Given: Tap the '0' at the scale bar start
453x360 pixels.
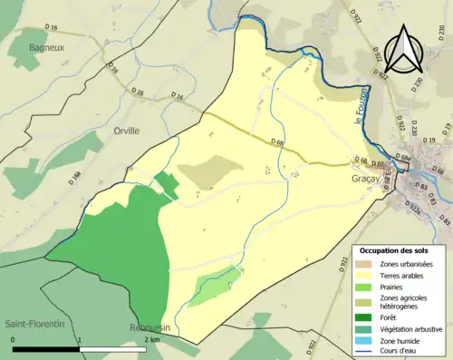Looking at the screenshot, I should [14, 338].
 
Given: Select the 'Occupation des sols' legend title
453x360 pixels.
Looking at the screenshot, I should [395, 249].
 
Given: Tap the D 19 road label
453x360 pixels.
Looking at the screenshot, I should [429, 141].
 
